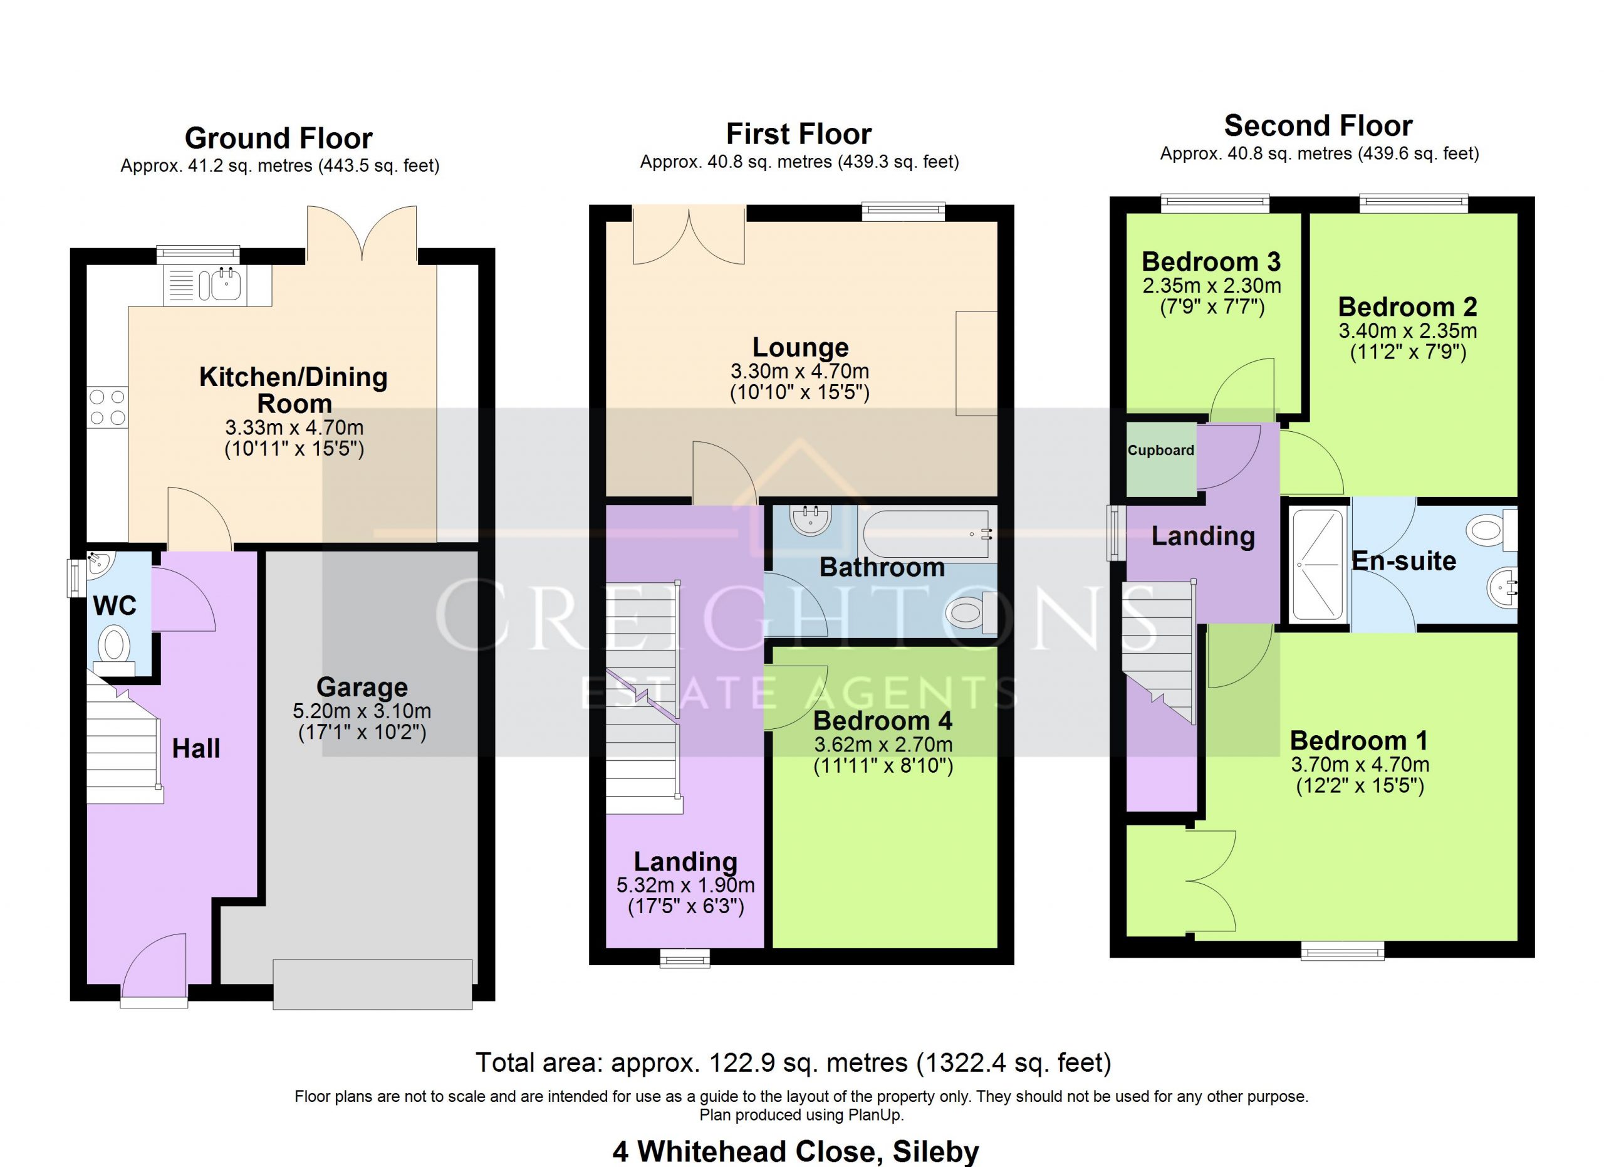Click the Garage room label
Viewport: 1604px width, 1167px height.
362,687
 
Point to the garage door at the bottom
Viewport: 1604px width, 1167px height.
373,984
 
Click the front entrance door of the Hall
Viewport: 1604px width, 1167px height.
154,970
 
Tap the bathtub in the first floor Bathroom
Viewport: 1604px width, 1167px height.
927,535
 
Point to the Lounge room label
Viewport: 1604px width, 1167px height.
800,347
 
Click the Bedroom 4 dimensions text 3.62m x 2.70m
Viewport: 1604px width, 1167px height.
883,745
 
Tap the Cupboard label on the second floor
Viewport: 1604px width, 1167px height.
1160,451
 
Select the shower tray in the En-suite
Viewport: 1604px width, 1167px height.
1318,566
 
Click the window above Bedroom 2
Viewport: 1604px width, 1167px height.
1413,204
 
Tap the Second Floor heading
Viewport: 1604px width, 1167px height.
1318,126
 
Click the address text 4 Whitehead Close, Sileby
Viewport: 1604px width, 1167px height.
796,1151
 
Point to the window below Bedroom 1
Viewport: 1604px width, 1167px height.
1342,951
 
